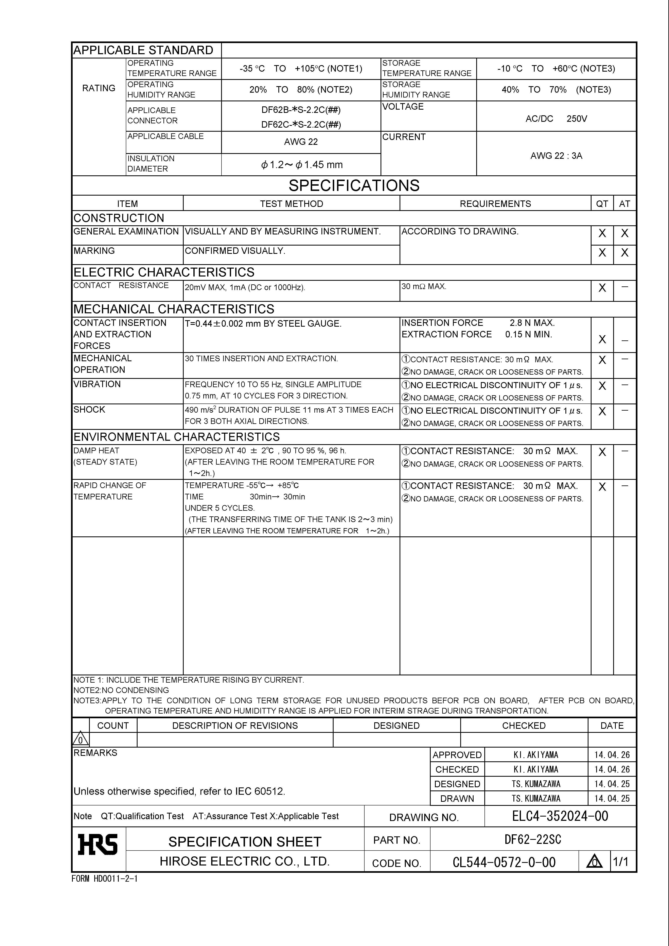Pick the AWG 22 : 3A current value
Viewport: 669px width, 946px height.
click(x=556, y=156)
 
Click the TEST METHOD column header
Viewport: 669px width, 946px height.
click(x=292, y=203)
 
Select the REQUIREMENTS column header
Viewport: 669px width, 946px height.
click(x=495, y=203)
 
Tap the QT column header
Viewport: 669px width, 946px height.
click(x=602, y=203)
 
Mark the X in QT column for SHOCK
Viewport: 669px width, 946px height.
click(x=602, y=411)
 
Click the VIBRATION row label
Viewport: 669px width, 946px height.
click(x=97, y=384)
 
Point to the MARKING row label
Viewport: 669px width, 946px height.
click(x=94, y=251)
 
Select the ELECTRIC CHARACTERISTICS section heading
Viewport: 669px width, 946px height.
click(x=164, y=272)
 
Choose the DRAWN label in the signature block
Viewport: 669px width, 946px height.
click(x=457, y=799)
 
